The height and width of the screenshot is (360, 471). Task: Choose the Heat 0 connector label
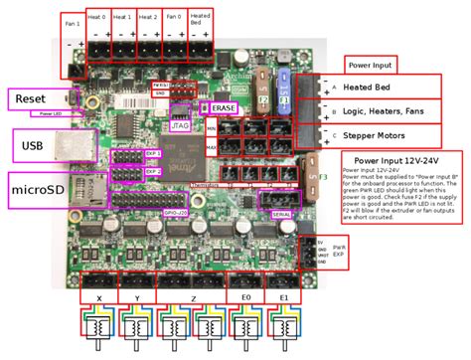click(96, 18)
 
